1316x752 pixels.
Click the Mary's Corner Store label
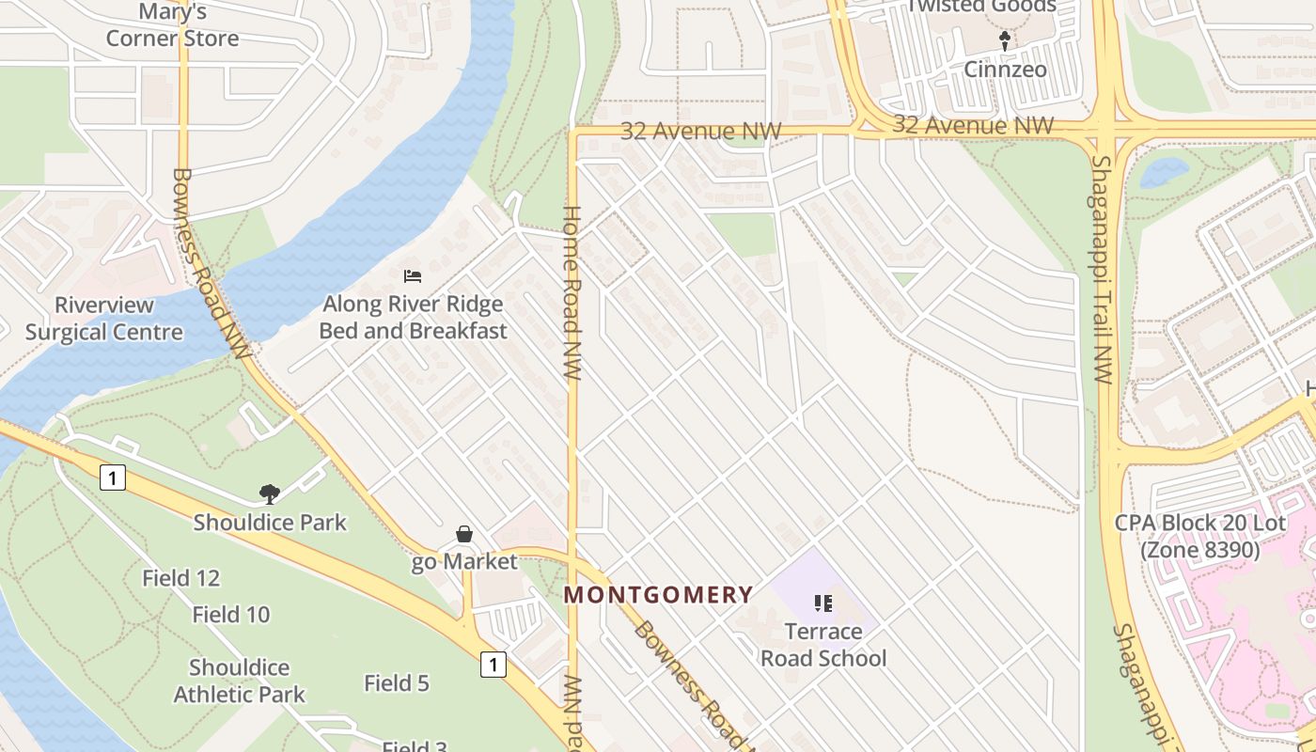point(172,25)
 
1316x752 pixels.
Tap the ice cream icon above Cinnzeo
point(1005,40)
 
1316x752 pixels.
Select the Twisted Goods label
point(980,7)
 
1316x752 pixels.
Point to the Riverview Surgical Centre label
point(103,319)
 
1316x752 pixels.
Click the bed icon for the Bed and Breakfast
point(412,276)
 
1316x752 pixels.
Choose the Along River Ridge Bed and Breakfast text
point(413,318)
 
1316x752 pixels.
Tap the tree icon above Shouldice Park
point(270,494)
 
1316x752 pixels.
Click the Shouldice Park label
point(270,523)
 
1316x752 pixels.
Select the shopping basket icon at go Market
point(464,535)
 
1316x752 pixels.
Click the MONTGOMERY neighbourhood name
point(658,595)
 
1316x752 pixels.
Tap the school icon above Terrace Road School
point(823,603)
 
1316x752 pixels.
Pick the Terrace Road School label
point(823,645)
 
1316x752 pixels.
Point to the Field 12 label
point(180,578)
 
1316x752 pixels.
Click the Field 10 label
point(231,615)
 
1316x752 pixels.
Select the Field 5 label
point(397,683)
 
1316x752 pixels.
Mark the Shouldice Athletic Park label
point(240,681)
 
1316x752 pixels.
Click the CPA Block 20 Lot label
point(1199,536)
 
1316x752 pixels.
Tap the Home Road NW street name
point(572,291)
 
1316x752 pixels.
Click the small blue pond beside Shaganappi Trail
point(1164,172)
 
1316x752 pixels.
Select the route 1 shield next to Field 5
point(493,665)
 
